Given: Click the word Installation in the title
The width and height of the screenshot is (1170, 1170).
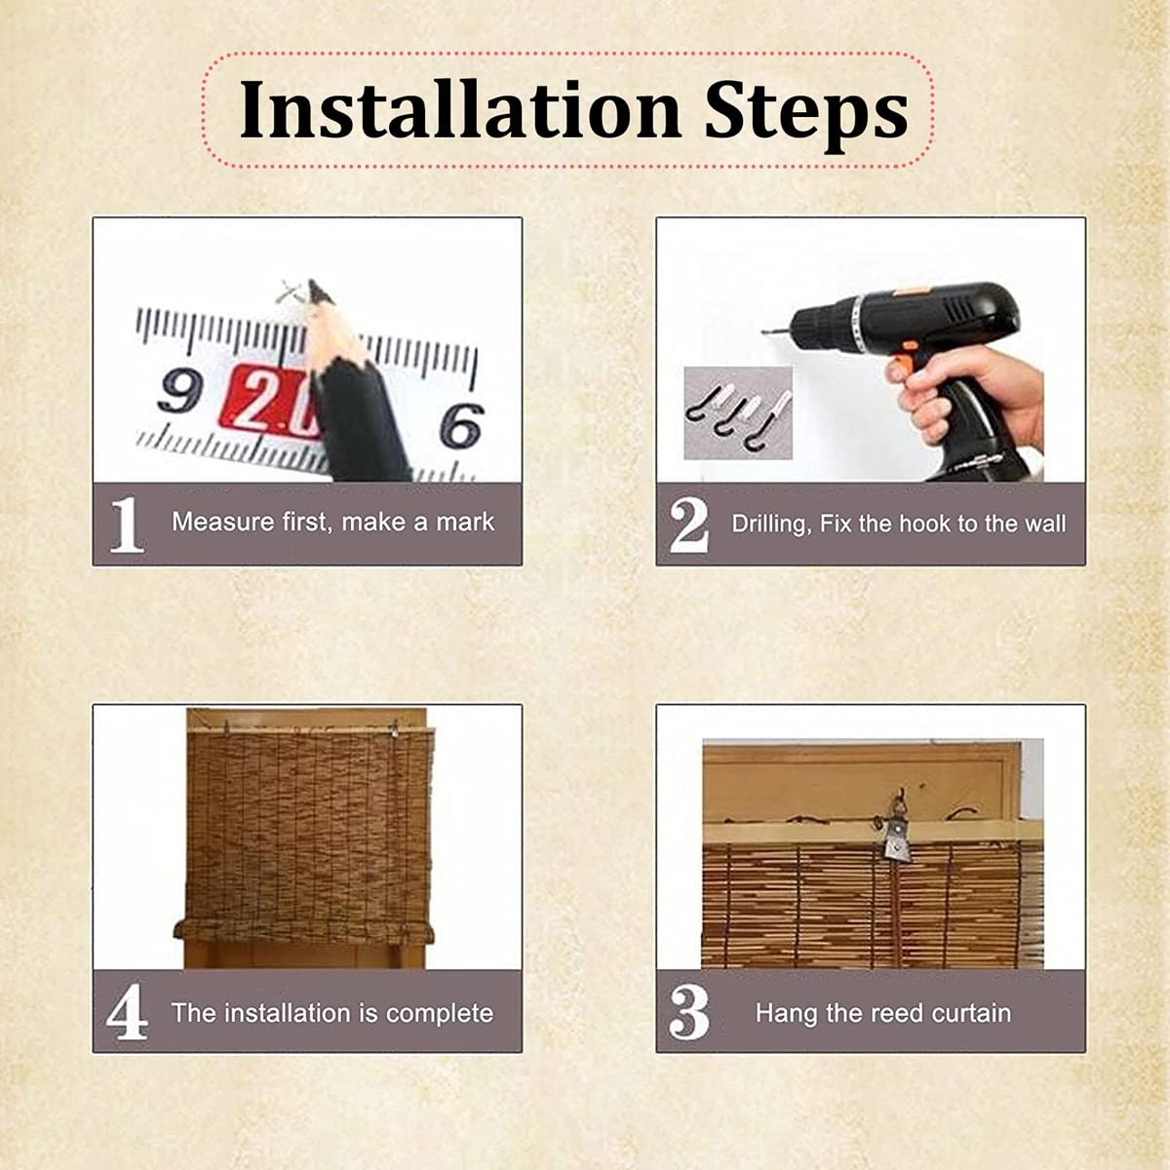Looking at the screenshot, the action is point(460,110).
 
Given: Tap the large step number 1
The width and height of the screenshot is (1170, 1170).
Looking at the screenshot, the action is point(127,525).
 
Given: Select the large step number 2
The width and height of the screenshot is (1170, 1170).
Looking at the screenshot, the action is point(688,526).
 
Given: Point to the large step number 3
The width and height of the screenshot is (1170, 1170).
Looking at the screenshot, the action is point(689,1012).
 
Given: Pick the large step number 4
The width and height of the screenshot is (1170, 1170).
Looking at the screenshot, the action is point(127,1012).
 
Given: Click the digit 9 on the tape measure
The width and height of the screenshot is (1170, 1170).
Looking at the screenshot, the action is point(178,391).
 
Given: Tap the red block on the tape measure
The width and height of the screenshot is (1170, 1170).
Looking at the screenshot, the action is point(270,399).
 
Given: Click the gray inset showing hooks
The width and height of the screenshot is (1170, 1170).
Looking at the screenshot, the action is point(738,412).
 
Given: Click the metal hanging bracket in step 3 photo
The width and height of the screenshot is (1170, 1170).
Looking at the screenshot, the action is point(897,838).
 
